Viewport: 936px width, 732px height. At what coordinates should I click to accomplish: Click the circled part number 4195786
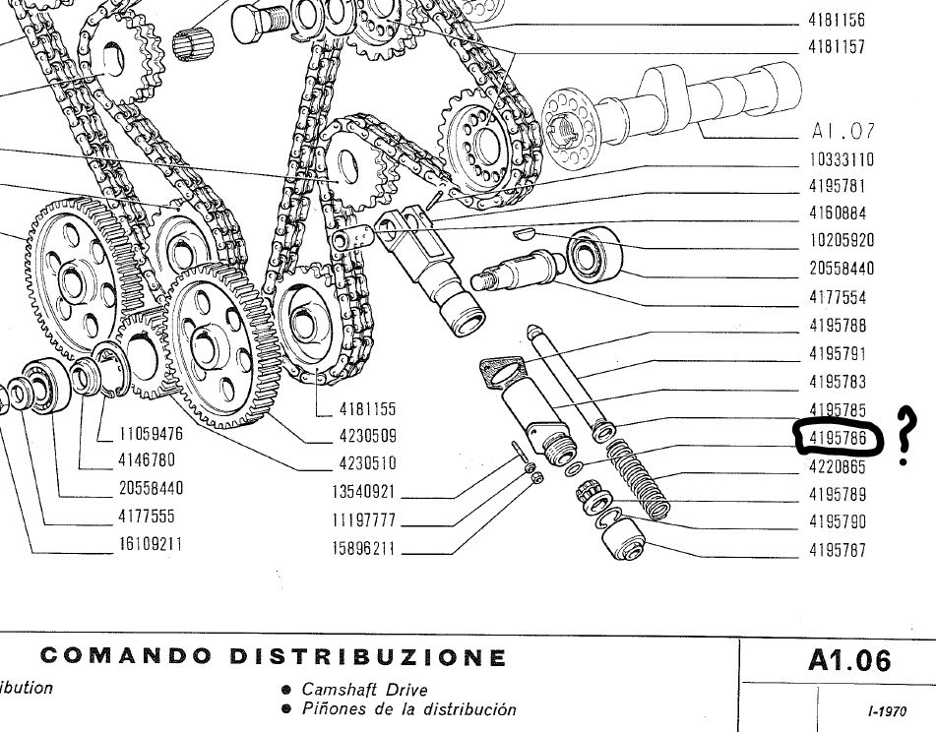tap(837, 437)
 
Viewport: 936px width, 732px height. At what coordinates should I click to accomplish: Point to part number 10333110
tap(842, 159)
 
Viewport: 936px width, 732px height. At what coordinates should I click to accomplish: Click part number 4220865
tap(838, 466)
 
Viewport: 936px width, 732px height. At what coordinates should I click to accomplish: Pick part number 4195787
tap(838, 550)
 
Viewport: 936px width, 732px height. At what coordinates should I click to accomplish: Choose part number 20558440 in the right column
tap(842, 269)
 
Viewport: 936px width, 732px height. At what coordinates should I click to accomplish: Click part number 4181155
tap(367, 408)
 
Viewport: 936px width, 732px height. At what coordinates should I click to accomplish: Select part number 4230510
tap(367, 463)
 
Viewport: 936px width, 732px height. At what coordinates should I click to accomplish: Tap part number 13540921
tap(362, 492)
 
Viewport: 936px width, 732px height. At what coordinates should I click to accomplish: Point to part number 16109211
tap(150, 544)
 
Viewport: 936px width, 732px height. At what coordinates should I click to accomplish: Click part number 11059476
tap(151, 432)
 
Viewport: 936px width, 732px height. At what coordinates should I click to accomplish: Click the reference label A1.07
tap(842, 132)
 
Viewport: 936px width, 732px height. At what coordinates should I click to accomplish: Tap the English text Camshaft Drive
tap(365, 690)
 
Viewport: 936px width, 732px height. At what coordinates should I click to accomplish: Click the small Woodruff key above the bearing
tap(528, 233)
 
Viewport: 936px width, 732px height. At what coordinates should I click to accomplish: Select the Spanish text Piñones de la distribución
tap(408, 709)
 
